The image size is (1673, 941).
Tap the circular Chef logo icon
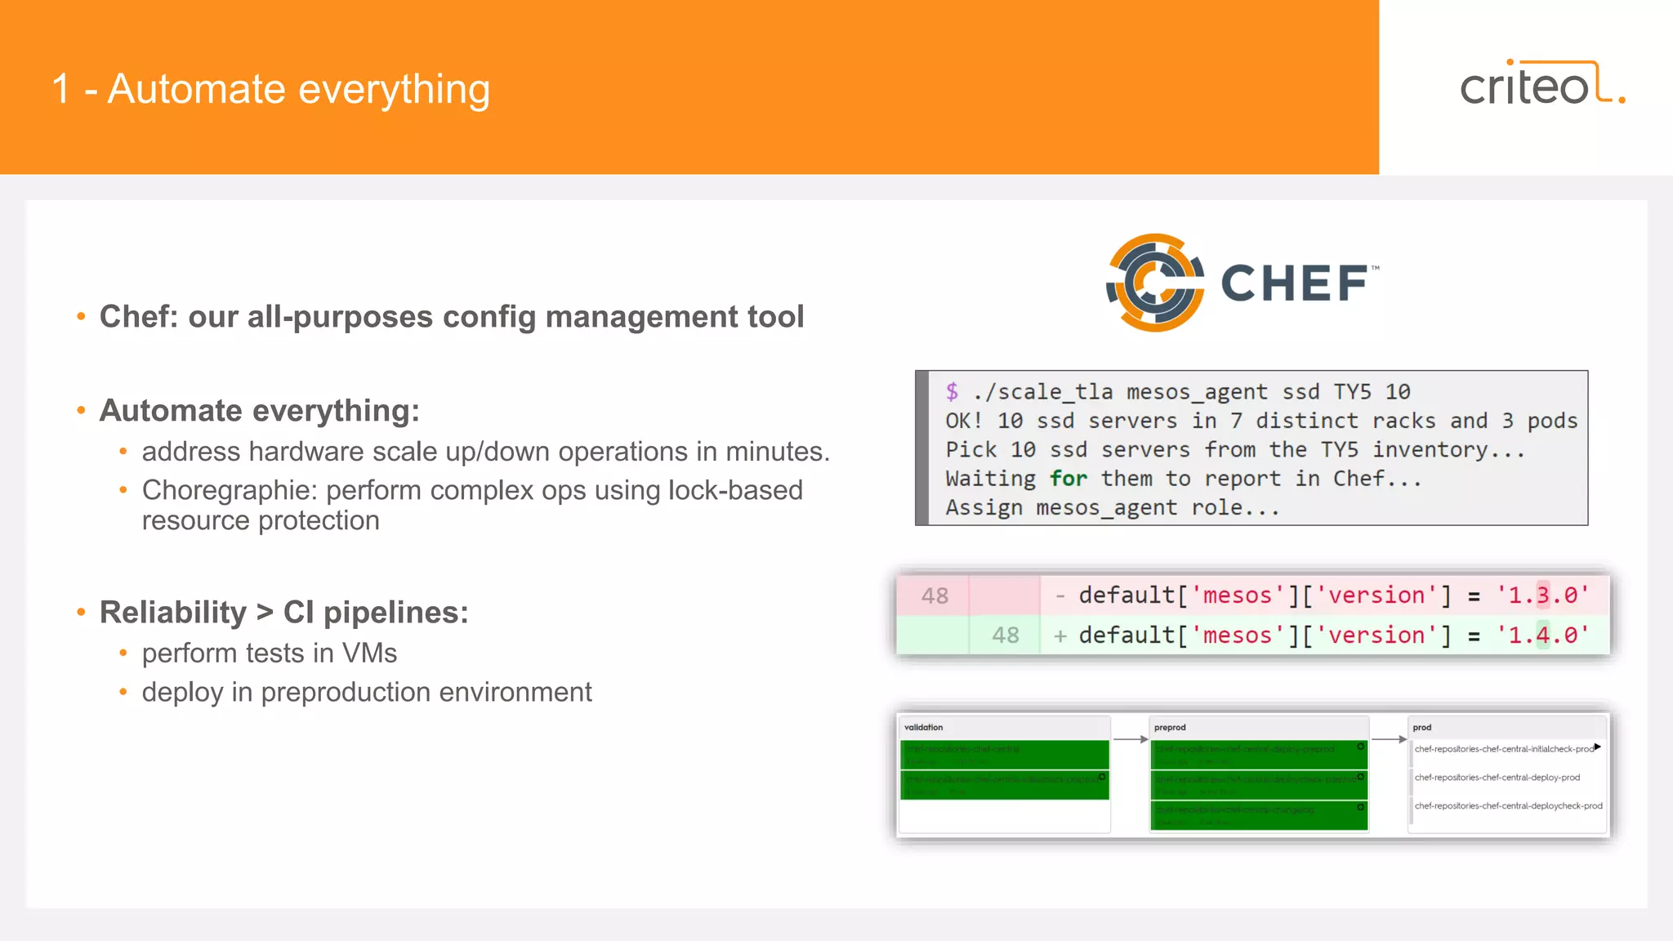point(1154,283)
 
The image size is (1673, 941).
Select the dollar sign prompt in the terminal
point(952,391)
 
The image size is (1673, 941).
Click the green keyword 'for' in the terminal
point(1068,479)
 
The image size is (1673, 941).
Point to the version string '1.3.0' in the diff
point(1542,595)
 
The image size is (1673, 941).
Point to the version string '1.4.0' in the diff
point(1542,636)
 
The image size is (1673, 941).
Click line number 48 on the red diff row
point(935,596)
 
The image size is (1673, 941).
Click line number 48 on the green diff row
point(1005,636)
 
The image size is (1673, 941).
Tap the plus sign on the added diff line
point(1060,636)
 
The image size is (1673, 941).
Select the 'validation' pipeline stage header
point(923,727)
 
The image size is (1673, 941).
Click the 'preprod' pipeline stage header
point(1170,727)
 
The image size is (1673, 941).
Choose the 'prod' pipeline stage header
point(1421,727)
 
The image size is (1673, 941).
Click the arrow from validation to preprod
point(1131,739)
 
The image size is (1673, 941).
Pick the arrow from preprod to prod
point(1389,739)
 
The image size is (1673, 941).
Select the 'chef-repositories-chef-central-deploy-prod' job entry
point(1497,778)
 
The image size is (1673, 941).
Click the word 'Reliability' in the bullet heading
point(172,613)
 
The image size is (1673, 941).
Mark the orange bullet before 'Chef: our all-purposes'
point(81,317)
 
